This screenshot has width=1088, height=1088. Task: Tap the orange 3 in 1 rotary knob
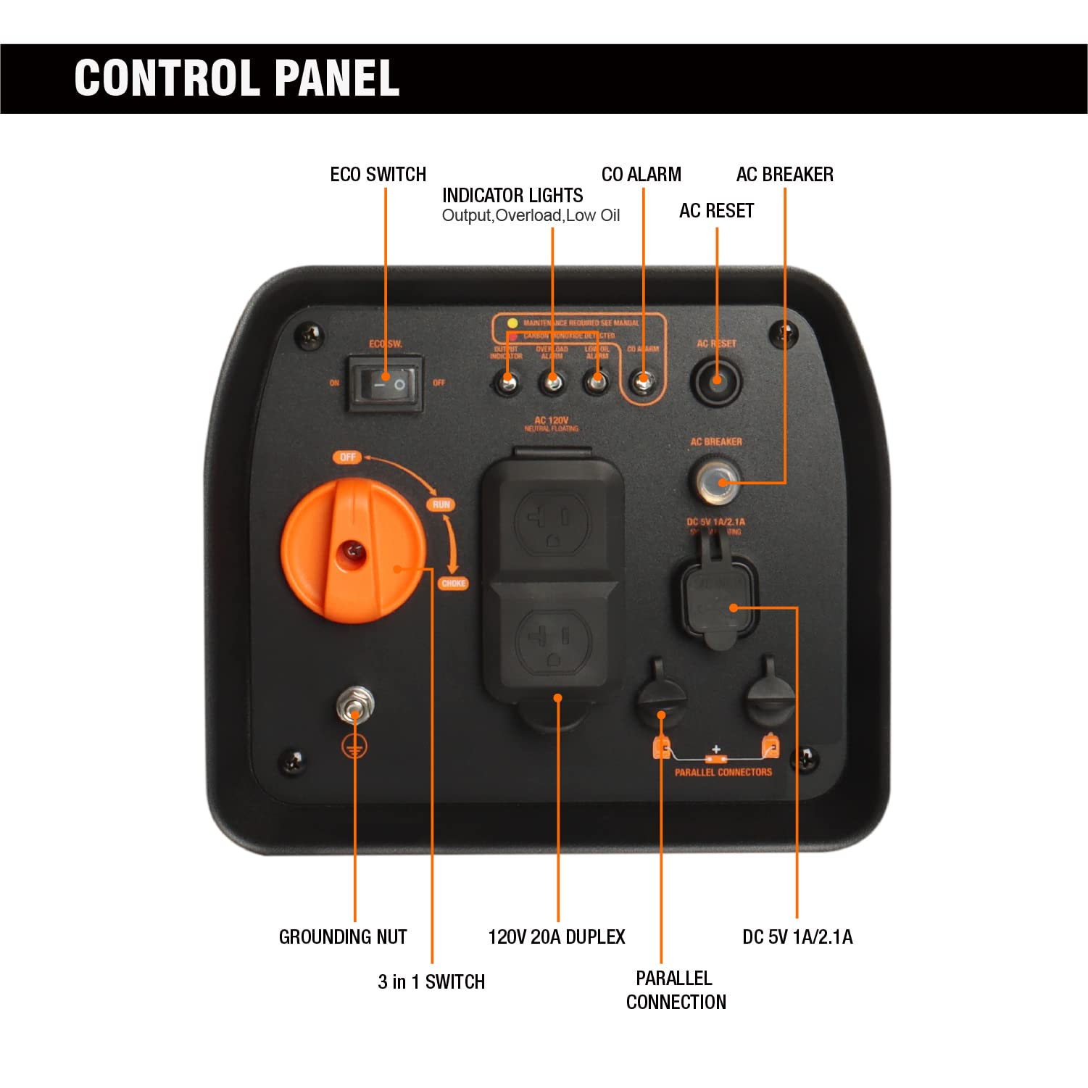click(x=352, y=552)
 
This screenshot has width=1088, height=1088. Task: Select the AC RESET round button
click(x=716, y=381)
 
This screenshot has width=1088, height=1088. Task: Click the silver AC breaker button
click(x=717, y=481)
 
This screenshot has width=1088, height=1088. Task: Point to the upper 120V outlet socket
click(x=552, y=522)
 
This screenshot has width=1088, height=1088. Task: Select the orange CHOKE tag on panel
click(x=454, y=584)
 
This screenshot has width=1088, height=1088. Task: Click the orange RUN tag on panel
click(x=441, y=504)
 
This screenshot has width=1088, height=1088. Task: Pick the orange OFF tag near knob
click(x=348, y=457)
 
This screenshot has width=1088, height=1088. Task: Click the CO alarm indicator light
click(x=642, y=380)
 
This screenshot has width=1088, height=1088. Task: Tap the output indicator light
click(x=507, y=381)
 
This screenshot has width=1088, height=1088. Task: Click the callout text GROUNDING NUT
click(x=343, y=937)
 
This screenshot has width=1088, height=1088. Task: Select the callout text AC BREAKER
click(x=784, y=175)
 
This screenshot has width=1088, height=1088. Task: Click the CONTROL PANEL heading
click(x=237, y=78)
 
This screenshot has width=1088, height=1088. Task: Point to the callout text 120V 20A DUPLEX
click(x=557, y=937)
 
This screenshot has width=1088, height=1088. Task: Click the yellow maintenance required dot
click(x=512, y=323)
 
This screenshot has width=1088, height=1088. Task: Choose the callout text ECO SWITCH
click(x=378, y=175)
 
